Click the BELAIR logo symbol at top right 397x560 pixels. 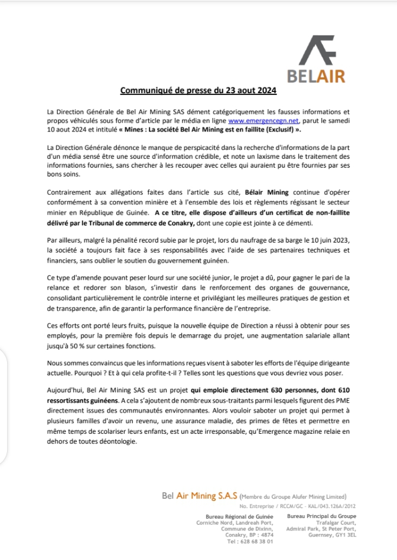tap(317, 50)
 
